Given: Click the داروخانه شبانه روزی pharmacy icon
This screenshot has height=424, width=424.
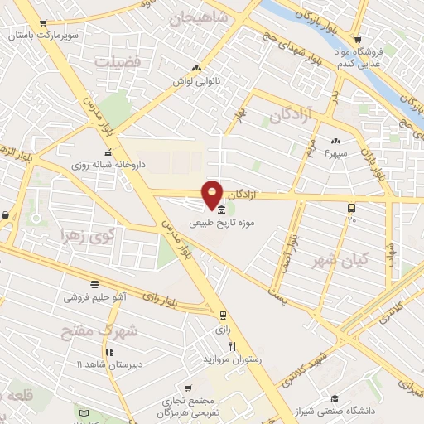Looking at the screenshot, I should [108, 152].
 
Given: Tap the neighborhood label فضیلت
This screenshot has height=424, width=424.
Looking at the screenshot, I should [117, 61].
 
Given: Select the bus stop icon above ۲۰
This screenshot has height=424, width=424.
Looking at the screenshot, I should [352, 208].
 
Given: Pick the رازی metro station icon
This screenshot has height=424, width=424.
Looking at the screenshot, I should [223, 315].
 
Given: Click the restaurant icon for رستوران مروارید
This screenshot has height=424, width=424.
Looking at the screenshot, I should [233, 346].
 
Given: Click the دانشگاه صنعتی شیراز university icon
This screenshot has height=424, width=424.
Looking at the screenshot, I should [335, 397].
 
